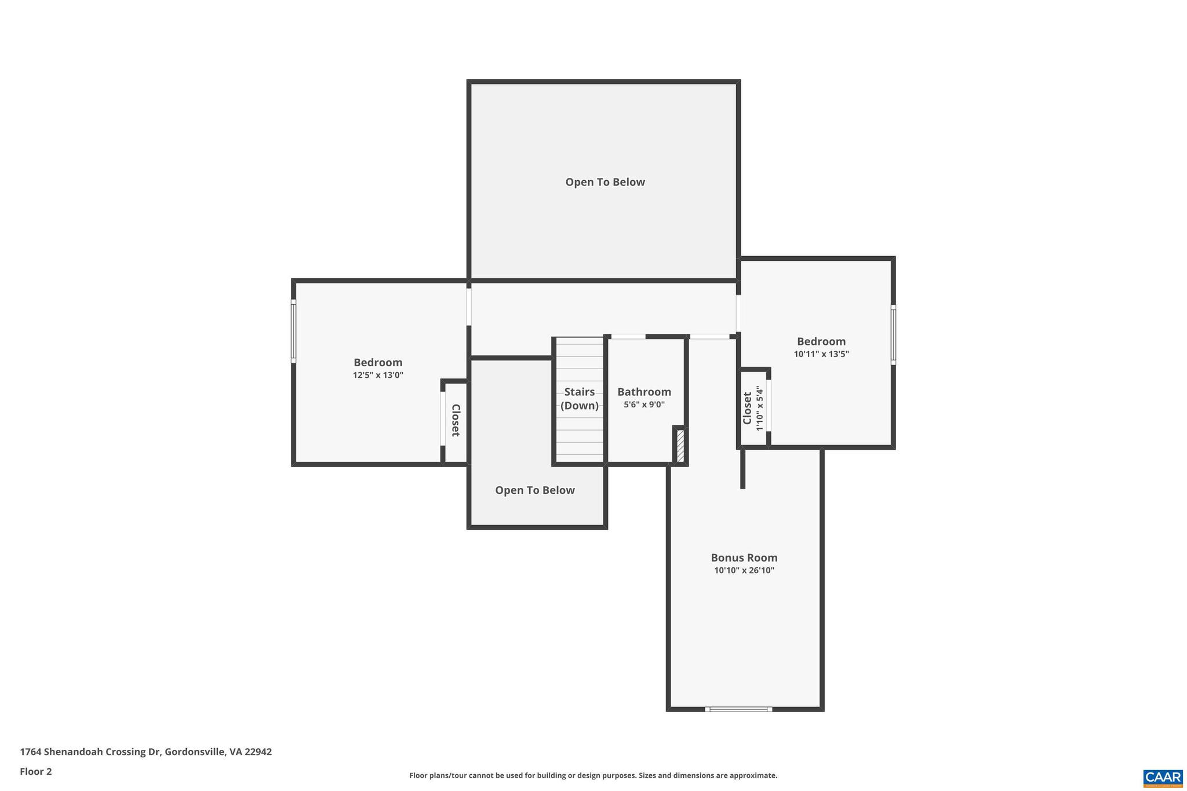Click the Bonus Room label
tap(744, 557)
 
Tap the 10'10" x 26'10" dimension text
tap(744, 571)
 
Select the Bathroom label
tap(644, 392)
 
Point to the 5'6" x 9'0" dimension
tap(644, 405)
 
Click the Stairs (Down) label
tap(579, 399)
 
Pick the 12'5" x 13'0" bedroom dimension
tap(378, 376)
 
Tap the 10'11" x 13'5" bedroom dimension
tap(821, 354)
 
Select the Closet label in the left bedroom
tap(456, 420)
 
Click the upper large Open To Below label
tap(605, 182)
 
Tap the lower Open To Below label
tap(534, 490)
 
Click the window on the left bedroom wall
tap(294, 331)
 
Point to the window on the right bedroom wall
tap(893, 335)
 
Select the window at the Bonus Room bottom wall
tap(738, 709)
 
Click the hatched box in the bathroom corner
tap(680, 446)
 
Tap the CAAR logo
tap(1162, 777)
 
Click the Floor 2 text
tap(36, 771)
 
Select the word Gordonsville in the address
tap(195, 752)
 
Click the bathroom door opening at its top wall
tap(628, 337)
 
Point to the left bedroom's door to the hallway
tap(469, 307)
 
